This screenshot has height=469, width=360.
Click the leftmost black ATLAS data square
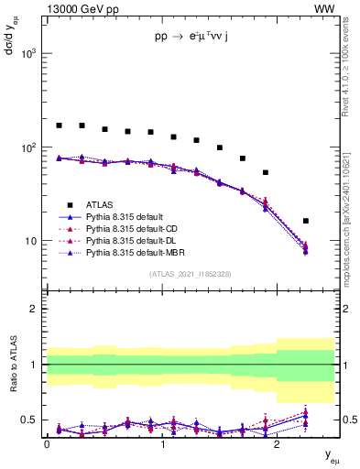coord(59,125)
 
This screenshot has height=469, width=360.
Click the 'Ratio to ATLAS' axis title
coord(12,365)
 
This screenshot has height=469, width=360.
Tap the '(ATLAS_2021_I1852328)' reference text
coord(190,274)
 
